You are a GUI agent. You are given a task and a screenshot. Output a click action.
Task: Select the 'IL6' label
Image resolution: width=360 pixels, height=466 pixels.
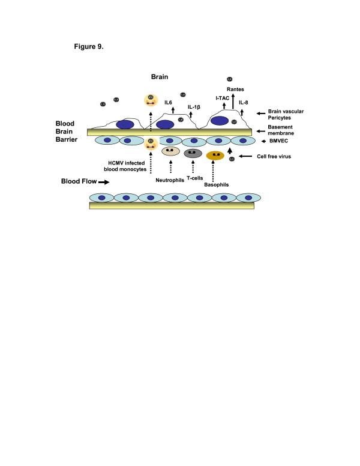[x=169, y=103]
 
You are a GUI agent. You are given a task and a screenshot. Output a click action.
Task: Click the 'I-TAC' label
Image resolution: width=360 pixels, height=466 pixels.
[x=223, y=97]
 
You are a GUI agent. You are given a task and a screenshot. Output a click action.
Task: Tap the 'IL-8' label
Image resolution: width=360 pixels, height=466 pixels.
[x=245, y=103]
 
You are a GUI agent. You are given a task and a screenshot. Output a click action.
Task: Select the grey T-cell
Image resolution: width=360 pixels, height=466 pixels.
[x=193, y=153]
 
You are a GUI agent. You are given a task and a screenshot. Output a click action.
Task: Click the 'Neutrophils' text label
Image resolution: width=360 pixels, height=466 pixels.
[x=170, y=179]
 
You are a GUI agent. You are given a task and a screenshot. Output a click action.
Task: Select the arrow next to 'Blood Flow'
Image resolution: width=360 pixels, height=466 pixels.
[x=103, y=181]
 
